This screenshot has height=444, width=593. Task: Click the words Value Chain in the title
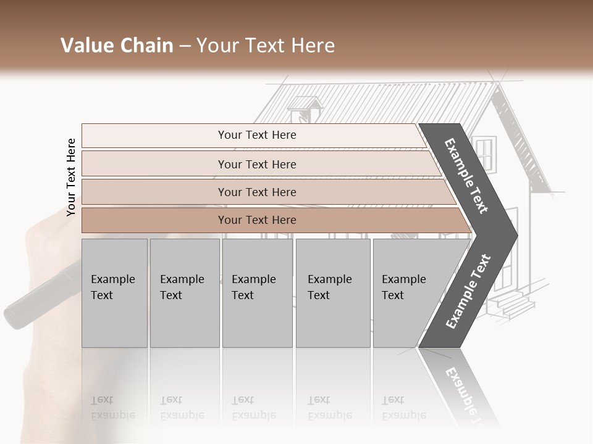(117, 46)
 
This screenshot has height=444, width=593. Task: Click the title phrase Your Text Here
(266, 46)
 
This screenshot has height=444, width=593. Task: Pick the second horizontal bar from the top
(257, 164)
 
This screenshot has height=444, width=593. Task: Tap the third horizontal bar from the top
(257, 192)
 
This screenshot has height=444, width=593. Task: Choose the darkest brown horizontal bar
(257, 220)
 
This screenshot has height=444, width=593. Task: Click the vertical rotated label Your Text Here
(71, 177)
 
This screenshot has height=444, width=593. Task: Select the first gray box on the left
(114, 293)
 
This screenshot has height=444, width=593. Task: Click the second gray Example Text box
(184, 293)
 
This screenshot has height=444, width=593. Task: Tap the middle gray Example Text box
(257, 293)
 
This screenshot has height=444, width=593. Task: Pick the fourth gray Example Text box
(333, 293)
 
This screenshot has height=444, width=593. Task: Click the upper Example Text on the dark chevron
(467, 176)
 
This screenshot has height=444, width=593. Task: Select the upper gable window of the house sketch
(485, 154)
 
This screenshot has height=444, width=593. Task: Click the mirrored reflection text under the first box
(112, 408)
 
